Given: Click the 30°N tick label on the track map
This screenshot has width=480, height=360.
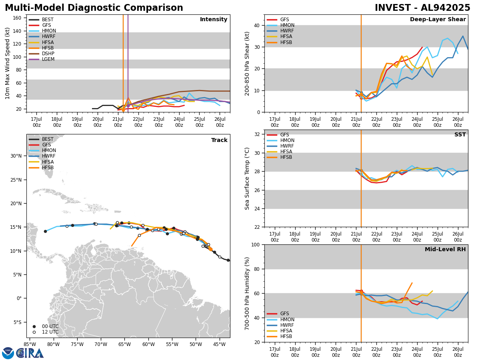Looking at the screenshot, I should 16,156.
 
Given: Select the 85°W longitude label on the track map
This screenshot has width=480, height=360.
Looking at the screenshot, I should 30,344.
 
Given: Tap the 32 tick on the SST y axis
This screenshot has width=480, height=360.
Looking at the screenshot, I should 257,134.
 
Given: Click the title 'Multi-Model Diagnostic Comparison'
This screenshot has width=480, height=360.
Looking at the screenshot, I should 94,8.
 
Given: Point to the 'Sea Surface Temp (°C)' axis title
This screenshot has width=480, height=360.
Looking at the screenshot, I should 248,178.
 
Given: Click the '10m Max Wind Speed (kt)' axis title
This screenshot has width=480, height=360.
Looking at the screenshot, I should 8,63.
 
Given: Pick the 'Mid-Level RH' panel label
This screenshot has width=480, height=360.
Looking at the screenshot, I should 445,250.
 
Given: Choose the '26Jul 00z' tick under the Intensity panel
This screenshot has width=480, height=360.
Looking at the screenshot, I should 220,122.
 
